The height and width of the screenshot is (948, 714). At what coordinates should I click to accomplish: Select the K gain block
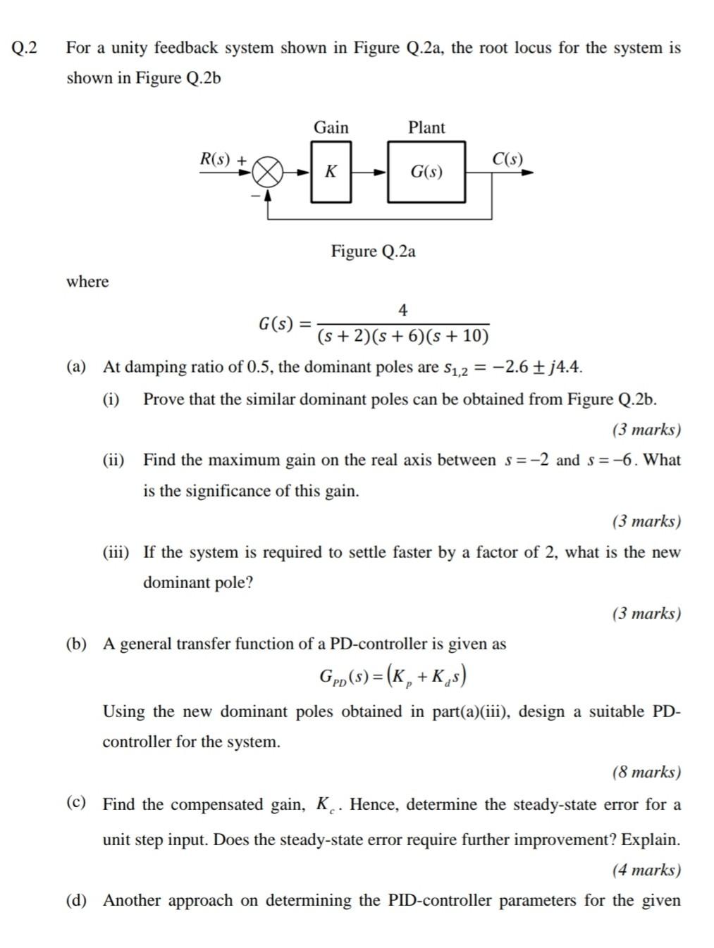point(331,172)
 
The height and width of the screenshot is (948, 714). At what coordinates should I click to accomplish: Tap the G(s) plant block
point(426,172)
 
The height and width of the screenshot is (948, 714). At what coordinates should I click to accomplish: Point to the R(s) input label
point(215,159)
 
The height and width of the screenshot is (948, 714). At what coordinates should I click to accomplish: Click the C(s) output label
point(507,158)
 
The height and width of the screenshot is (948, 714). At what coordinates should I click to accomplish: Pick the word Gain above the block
point(331,127)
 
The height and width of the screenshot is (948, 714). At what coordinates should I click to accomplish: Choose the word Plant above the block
point(426,127)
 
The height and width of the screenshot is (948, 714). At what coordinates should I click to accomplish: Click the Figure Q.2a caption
point(373,251)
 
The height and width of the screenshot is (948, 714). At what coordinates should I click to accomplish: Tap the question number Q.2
point(25,48)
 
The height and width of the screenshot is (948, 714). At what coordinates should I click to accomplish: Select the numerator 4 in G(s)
point(402,310)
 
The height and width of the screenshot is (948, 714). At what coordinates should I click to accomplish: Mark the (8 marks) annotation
point(646,772)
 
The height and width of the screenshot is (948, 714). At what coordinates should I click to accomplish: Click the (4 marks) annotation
point(646,870)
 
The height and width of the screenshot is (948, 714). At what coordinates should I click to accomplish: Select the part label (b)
point(76,644)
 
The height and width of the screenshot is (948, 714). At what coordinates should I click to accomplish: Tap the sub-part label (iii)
point(116,552)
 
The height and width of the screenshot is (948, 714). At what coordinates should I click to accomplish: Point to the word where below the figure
point(87,282)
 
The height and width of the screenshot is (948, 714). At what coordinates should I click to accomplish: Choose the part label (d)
point(76,900)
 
